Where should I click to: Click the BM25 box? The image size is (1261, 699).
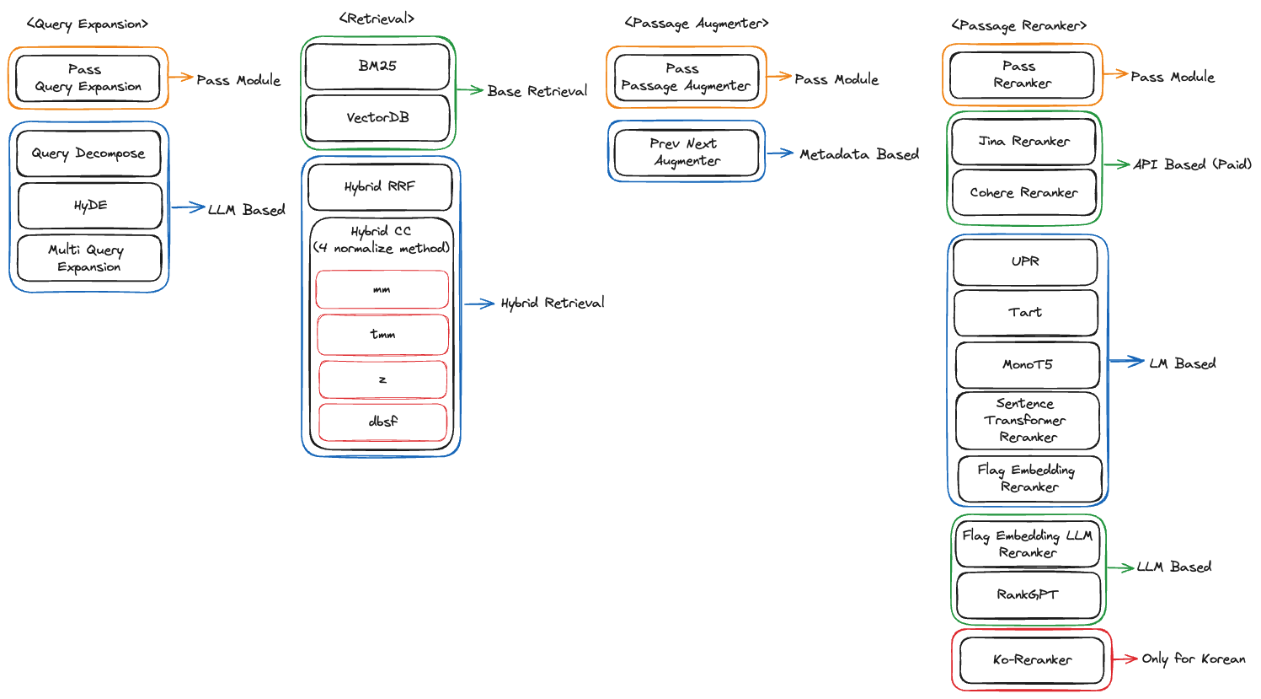click(x=377, y=67)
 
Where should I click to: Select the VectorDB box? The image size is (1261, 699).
click(x=377, y=118)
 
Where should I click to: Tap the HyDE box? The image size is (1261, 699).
click(x=90, y=206)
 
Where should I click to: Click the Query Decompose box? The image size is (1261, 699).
click(x=88, y=153)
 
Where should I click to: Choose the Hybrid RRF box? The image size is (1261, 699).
click(x=380, y=187)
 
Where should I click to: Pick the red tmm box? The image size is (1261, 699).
click(x=382, y=335)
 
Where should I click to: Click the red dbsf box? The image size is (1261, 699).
click(x=382, y=422)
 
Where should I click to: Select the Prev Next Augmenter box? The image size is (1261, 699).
click(x=686, y=153)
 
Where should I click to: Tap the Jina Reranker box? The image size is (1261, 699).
click(x=1023, y=142)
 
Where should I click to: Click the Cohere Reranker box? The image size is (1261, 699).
click(x=1023, y=193)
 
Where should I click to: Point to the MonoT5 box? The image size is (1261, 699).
click(x=1027, y=365)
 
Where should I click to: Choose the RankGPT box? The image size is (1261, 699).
click(x=1028, y=595)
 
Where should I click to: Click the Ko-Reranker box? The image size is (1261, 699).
click(x=1032, y=660)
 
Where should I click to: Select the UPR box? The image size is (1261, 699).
click(x=1025, y=262)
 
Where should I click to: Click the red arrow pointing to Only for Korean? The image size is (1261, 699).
click(x=1125, y=659)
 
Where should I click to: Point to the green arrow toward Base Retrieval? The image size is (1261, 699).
click(x=469, y=89)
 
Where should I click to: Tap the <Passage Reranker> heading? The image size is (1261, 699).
click(x=1018, y=26)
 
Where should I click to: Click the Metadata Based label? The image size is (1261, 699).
click(x=858, y=154)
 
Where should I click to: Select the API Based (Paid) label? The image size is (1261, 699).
click(x=1191, y=164)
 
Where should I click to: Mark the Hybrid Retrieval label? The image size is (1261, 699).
click(x=552, y=304)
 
